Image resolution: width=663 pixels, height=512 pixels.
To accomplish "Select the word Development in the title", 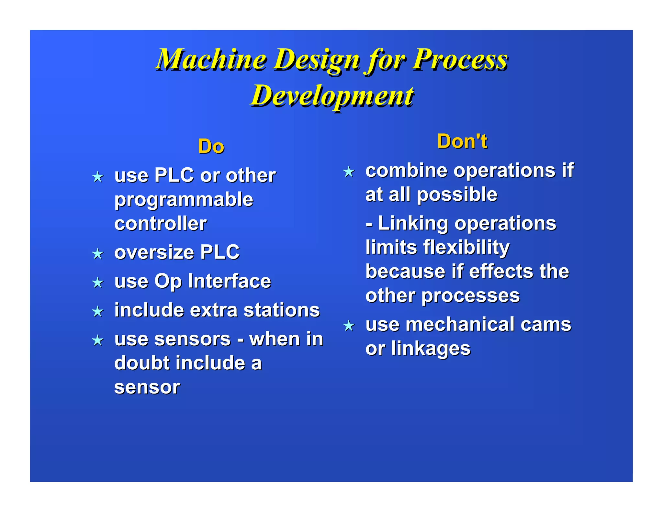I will pos(332,96).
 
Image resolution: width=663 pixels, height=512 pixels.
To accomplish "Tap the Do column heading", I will pos(211,146).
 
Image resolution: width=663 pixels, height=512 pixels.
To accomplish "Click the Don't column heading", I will pos(462,141).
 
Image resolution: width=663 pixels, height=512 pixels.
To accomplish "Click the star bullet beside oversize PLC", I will pos(97,254).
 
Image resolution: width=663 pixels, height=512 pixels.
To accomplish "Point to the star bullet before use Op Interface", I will pos(97,283).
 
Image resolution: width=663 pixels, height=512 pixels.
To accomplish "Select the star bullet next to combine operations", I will pos(349,172).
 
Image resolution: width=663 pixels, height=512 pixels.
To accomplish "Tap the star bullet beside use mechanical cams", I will pos(349,326).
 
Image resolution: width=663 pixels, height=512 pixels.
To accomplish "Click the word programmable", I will pos(184,200).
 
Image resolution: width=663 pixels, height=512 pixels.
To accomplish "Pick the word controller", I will pos(160,223).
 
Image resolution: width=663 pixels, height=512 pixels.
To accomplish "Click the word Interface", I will pos(229,281).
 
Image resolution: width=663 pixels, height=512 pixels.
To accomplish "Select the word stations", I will pos(281,310).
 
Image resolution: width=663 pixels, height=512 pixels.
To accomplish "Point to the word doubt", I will pos(142,363).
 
